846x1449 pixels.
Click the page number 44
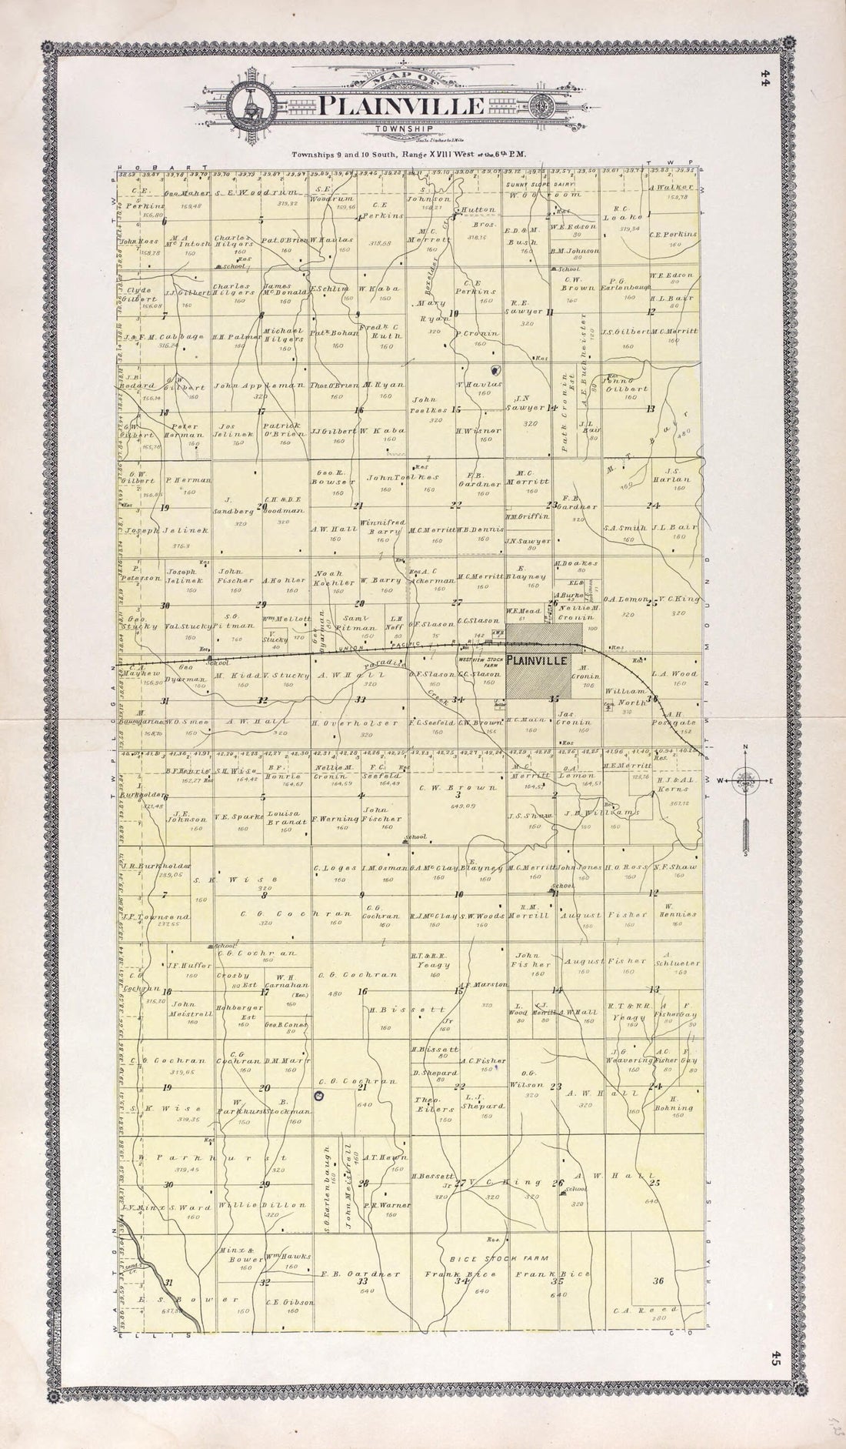click(x=764, y=80)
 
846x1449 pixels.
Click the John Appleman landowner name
click(x=250, y=385)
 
